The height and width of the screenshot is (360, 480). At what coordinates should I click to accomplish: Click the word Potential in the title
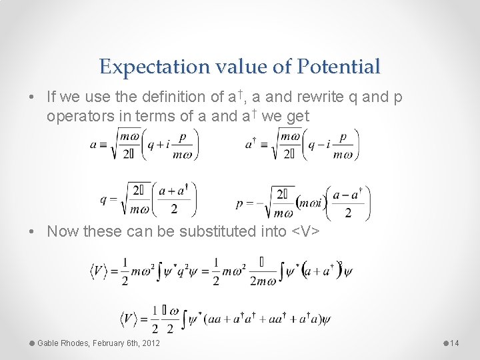(339, 67)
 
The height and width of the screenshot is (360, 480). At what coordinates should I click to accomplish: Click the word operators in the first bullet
(75, 117)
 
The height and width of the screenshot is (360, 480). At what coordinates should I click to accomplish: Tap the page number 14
(455, 343)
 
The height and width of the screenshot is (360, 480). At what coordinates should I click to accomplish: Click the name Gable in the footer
(49, 343)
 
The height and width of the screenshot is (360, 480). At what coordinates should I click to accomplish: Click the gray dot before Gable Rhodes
(31, 343)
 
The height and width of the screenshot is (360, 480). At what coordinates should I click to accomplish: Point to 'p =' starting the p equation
(245, 201)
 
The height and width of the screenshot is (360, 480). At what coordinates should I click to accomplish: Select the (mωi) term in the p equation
(311, 203)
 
